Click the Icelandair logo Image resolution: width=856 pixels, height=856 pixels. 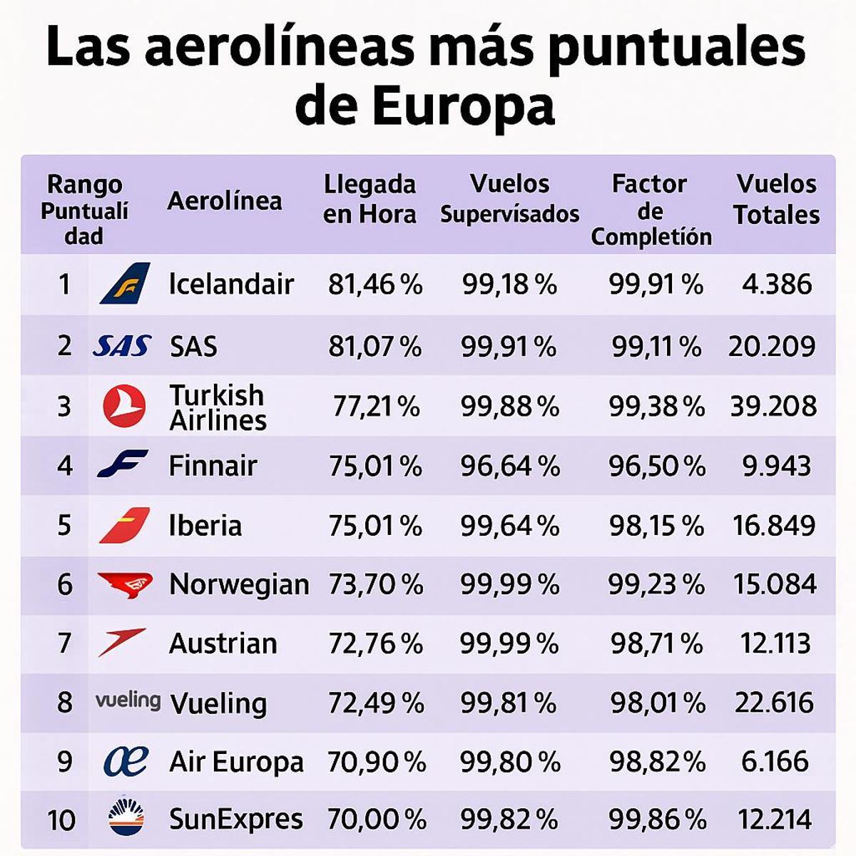125,283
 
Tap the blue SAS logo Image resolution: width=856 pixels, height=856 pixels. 122,347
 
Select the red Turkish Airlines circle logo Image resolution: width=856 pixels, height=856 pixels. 124,407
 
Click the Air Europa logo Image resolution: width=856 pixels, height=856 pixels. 126,761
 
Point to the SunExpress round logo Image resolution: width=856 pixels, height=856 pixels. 126,818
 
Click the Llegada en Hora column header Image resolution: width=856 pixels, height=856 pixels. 369,199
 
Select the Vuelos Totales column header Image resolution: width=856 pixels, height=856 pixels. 776,199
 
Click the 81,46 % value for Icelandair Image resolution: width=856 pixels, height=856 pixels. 375,285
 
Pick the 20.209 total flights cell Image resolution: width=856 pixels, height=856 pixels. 772,347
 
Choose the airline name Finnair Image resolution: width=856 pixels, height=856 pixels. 213,466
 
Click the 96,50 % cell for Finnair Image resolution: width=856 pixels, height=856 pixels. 656,467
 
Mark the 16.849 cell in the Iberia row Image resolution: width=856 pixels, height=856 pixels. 774,526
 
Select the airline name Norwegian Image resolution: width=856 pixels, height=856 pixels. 239,585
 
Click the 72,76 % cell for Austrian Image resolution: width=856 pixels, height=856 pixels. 376,643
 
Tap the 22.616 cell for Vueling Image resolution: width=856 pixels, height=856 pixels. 774,703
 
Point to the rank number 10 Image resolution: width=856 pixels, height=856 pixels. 62,820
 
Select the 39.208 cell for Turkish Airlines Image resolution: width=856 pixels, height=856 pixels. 773,407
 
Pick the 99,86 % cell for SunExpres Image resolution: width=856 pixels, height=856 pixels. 656,820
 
